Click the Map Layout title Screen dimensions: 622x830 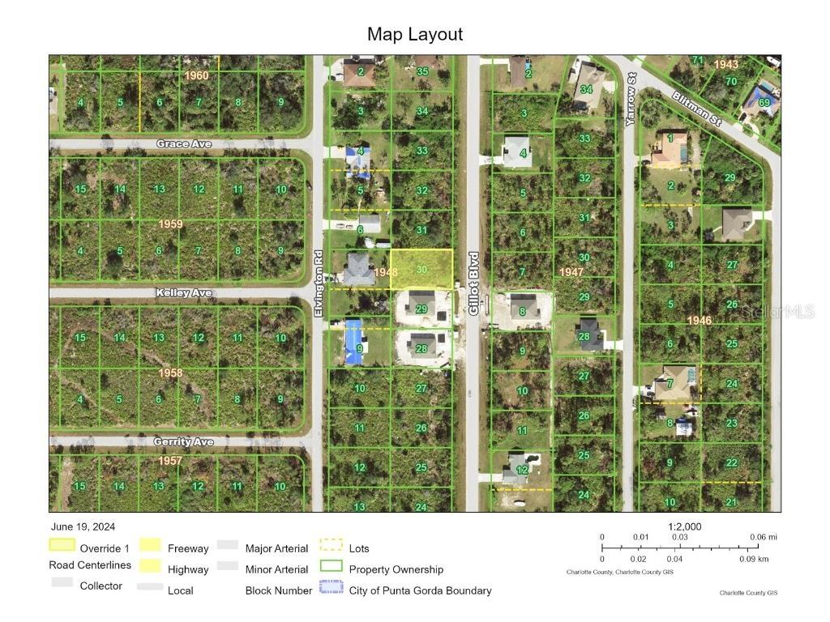pos(415,34)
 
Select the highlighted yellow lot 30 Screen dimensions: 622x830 pos(421,269)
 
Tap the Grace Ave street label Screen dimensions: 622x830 pos(184,144)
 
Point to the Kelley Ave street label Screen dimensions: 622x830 pos(184,292)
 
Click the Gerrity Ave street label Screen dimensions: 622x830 pos(184,442)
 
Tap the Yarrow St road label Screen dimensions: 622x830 pos(630,99)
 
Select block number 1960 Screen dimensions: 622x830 pos(196,75)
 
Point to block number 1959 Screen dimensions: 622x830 pos(170,224)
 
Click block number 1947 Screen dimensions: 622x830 pos(571,273)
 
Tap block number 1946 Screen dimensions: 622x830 pos(699,321)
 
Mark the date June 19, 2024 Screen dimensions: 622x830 pos(83,526)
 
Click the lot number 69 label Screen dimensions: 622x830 pos(764,101)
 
